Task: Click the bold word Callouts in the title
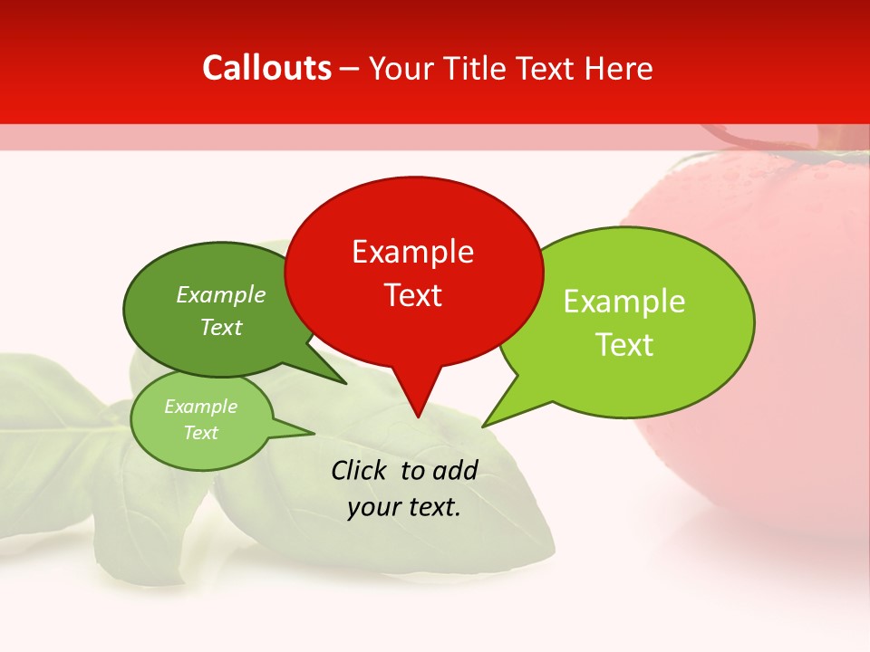(267, 68)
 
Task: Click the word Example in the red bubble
(412, 252)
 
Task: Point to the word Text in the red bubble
(412, 295)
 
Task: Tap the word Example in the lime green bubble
(624, 302)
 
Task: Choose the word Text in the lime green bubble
(624, 345)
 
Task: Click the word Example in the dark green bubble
(221, 294)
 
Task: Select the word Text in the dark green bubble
(221, 327)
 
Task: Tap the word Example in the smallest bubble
(200, 407)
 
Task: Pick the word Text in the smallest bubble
(200, 433)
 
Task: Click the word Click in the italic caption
(360, 470)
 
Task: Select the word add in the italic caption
(454, 470)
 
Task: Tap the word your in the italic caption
(372, 507)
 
